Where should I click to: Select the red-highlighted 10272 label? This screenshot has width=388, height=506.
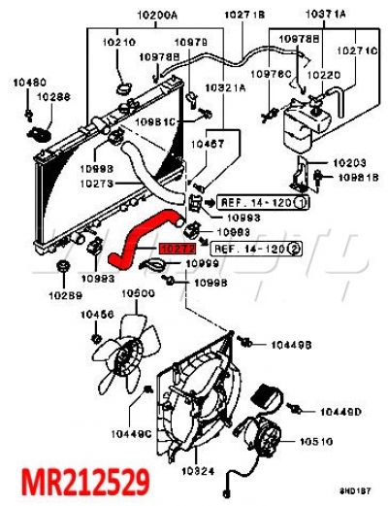[178, 249]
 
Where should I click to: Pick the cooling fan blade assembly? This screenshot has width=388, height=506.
[127, 354]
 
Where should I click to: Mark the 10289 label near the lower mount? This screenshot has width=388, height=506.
[67, 294]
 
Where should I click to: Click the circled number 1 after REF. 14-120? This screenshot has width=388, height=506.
[301, 203]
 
